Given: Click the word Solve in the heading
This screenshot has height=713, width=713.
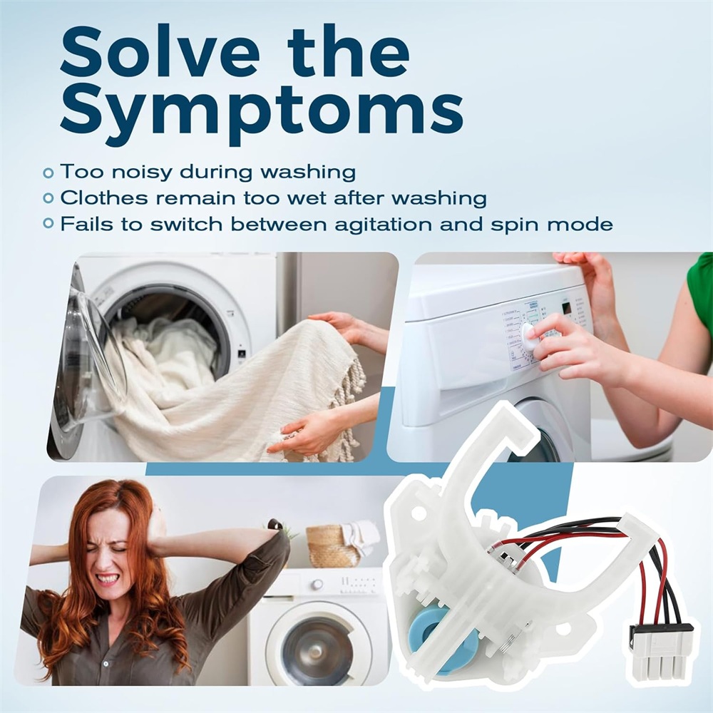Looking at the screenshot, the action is pos(160,53).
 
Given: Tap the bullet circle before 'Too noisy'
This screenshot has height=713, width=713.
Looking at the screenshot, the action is pos(48,173).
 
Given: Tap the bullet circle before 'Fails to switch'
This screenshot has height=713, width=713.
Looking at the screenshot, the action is pos(48,223).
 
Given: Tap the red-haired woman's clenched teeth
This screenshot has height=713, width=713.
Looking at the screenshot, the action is pos(108,579).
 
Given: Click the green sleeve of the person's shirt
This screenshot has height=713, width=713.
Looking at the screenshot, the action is pos(699,287).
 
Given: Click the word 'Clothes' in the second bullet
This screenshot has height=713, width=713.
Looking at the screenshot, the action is pos(103,198).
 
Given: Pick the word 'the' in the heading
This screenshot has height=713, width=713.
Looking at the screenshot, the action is pos(349,53).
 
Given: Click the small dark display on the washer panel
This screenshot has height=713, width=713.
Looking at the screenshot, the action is pos(567,308).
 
